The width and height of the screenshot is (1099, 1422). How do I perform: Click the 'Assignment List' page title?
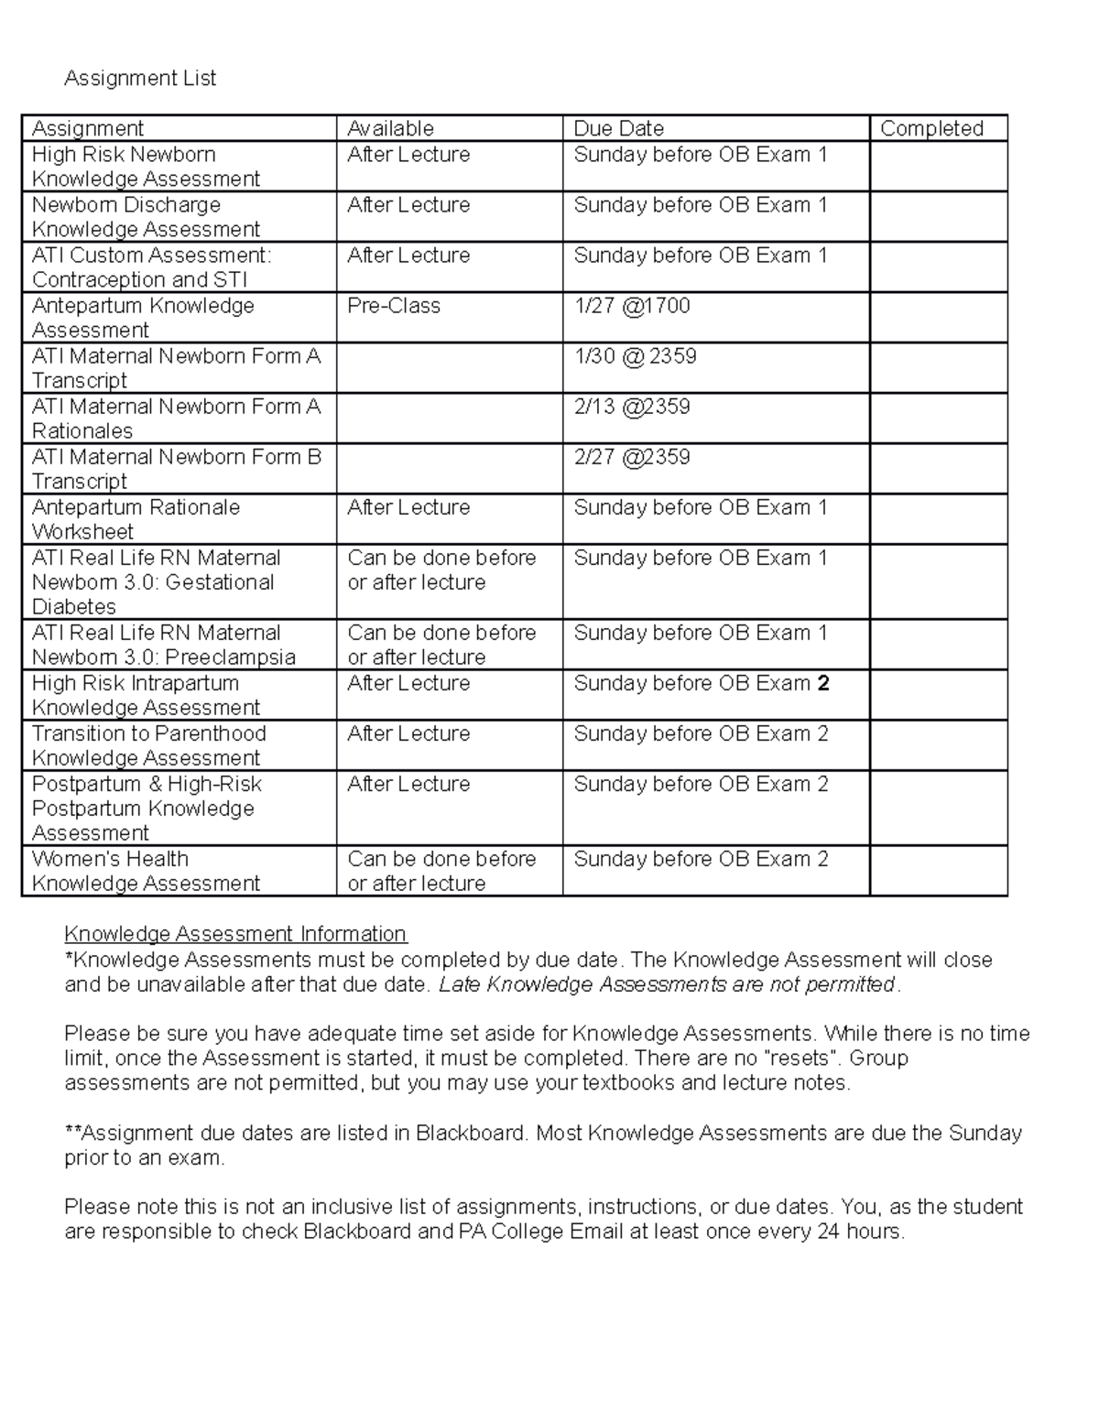tap(140, 79)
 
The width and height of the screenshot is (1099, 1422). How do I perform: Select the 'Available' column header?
tap(390, 128)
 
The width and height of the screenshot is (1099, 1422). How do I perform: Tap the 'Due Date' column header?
tap(618, 128)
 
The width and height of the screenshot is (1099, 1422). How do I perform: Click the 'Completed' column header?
tap(931, 128)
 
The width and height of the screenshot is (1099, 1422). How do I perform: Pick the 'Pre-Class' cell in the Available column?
tap(394, 306)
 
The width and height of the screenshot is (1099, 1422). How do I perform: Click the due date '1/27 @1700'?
tap(632, 306)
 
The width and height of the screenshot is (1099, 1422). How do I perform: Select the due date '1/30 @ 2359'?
tap(635, 356)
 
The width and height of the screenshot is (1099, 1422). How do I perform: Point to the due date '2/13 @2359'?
tap(632, 407)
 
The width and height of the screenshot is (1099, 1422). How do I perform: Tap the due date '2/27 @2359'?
tap(632, 457)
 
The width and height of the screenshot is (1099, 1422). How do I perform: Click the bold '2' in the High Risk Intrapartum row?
tap(823, 683)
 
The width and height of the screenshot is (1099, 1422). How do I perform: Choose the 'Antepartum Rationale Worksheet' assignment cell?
tap(136, 519)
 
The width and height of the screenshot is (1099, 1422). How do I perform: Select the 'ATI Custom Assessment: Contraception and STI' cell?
tap(151, 267)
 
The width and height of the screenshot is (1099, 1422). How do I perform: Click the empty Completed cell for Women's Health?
tap(938, 871)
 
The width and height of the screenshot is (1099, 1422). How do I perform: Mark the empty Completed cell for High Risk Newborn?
tap(938, 167)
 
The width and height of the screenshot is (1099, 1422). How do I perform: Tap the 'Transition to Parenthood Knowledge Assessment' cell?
tap(148, 745)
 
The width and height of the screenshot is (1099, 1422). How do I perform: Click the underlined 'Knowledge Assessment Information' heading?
tap(235, 934)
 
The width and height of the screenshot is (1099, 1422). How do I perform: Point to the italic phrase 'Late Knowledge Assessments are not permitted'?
tap(667, 984)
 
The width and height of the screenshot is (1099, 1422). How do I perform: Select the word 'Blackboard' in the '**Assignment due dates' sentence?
tap(471, 1134)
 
